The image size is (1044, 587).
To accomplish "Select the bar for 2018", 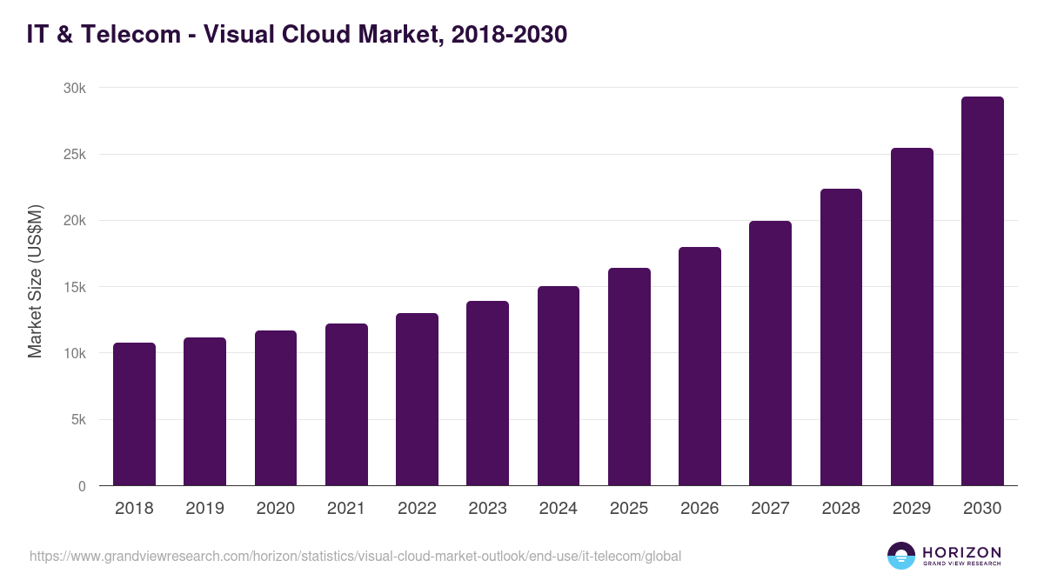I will pyautogui.click(x=134, y=414).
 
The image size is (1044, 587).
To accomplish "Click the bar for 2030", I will pyautogui.click(x=982, y=291).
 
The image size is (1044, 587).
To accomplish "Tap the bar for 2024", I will pyautogui.click(x=559, y=386).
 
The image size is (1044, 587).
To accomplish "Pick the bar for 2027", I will pyautogui.click(x=770, y=353).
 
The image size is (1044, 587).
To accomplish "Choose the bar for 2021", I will pyautogui.click(x=346, y=404).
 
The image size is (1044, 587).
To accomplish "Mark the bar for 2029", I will pyautogui.click(x=912, y=317).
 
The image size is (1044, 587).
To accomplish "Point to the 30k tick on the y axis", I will pyautogui.click(x=74, y=89).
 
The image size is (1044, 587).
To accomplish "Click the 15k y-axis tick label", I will pyautogui.click(x=74, y=287).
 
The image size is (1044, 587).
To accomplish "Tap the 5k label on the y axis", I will pyautogui.click(x=77, y=419).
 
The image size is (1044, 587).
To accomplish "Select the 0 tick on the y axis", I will pyautogui.click(x=82, y=486).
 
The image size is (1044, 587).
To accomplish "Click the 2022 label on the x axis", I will pyautogui.click(x=417, y=509).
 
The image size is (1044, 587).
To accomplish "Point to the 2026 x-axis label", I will pyautogui.click(x=699, y=509).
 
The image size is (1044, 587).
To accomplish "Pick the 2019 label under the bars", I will pyautogui.click(x=204, y=509).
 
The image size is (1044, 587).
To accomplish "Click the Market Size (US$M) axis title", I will pyautogui.click(x=35, y=280).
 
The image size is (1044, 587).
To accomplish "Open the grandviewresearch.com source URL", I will pyautogui.click(x=355, y=556).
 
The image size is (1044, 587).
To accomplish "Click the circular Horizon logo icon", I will pyautogui.click(x=901, y=556).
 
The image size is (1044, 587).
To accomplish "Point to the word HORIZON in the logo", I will pyautogui.click(x=961, y=551).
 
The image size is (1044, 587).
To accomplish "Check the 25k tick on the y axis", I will pyautogui.click(x=74, y=155).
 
